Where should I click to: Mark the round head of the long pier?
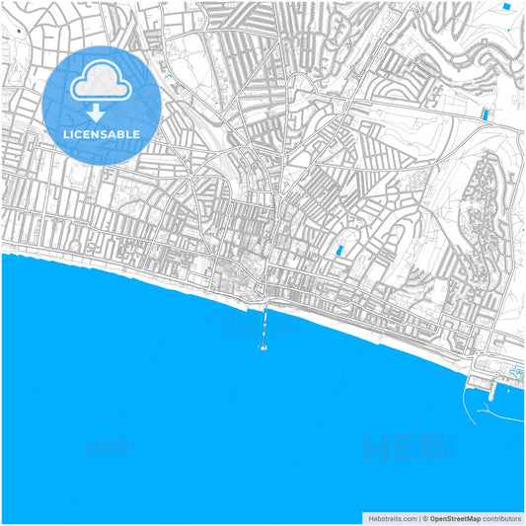[x=263, y=347]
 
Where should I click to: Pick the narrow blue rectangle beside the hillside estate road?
[x=485, y=115]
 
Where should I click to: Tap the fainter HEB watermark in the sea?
[x=109, y=446]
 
